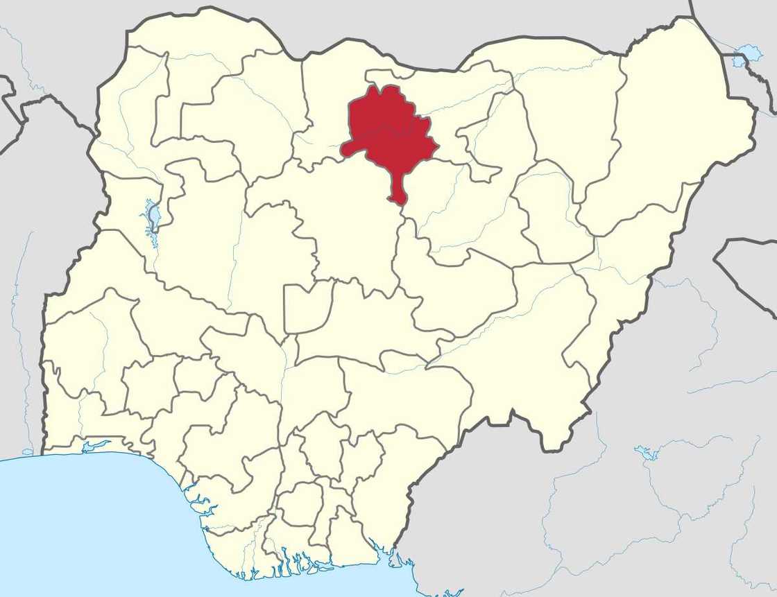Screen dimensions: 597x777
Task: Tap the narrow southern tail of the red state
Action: [x=397, y=191]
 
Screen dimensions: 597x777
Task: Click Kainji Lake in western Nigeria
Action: [x=152, y=216]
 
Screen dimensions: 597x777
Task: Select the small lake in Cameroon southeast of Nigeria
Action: [x=648, y=453]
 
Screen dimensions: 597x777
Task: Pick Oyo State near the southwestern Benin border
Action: [x=90, y=347]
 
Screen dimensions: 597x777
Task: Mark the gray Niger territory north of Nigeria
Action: [x=416, y=28]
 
